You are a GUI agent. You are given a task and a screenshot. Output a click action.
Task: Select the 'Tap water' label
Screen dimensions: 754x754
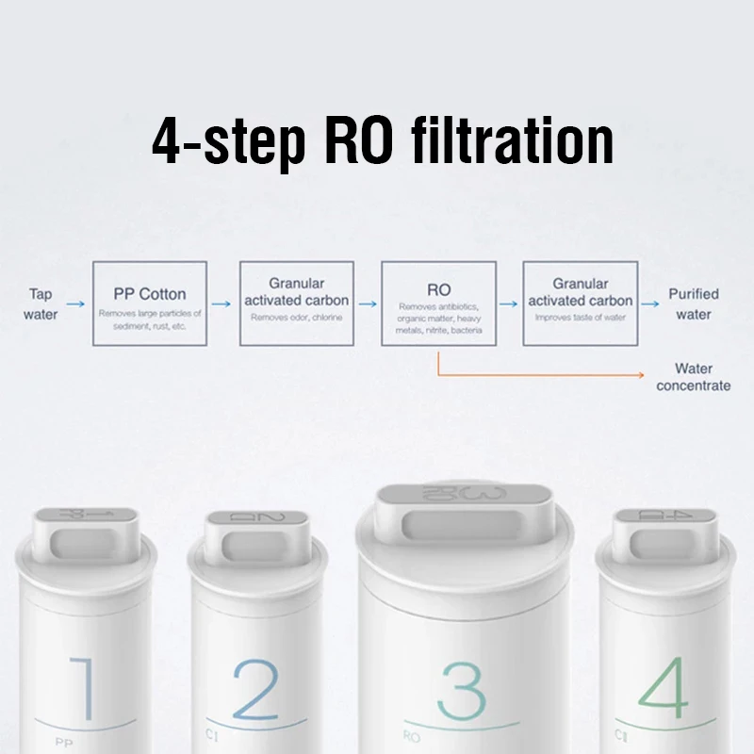click(41, 303)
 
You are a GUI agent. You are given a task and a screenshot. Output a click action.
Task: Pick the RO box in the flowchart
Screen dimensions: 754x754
click(438, 303)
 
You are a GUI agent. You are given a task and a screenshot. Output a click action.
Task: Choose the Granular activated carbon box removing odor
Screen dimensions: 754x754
click(296, 303)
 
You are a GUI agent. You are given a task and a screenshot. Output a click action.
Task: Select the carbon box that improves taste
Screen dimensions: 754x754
click(580, 303)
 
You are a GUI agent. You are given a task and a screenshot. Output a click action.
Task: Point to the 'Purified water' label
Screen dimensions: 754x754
click(693, 303)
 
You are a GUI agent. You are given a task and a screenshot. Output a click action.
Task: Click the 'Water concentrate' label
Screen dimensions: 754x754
click(693, 377)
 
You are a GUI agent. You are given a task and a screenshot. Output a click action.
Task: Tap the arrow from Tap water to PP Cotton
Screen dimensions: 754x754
click(76, 304)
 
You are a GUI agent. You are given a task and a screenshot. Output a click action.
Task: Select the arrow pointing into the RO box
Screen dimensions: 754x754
click(366, 304)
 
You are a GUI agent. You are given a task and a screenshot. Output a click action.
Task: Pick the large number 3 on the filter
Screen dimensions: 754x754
click(462, 691)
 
